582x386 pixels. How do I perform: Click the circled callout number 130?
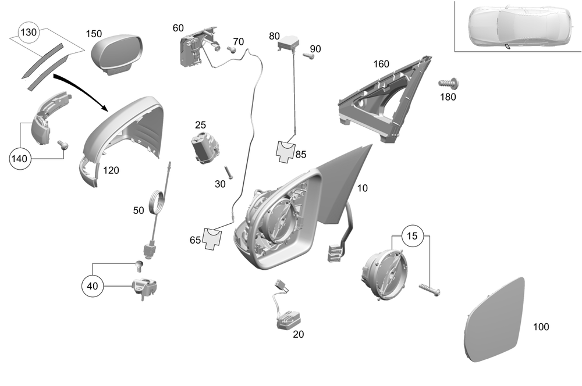point(29,33)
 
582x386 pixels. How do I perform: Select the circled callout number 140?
point(20,158)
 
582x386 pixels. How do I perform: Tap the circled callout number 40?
point(93,285)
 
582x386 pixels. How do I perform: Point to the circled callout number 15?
point(412,237)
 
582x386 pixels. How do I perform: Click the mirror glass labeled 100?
point(496,320)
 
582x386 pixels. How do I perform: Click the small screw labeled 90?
point(310,56)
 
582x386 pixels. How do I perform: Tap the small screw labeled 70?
point(230,51)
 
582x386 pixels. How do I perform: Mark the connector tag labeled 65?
point(212,239)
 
